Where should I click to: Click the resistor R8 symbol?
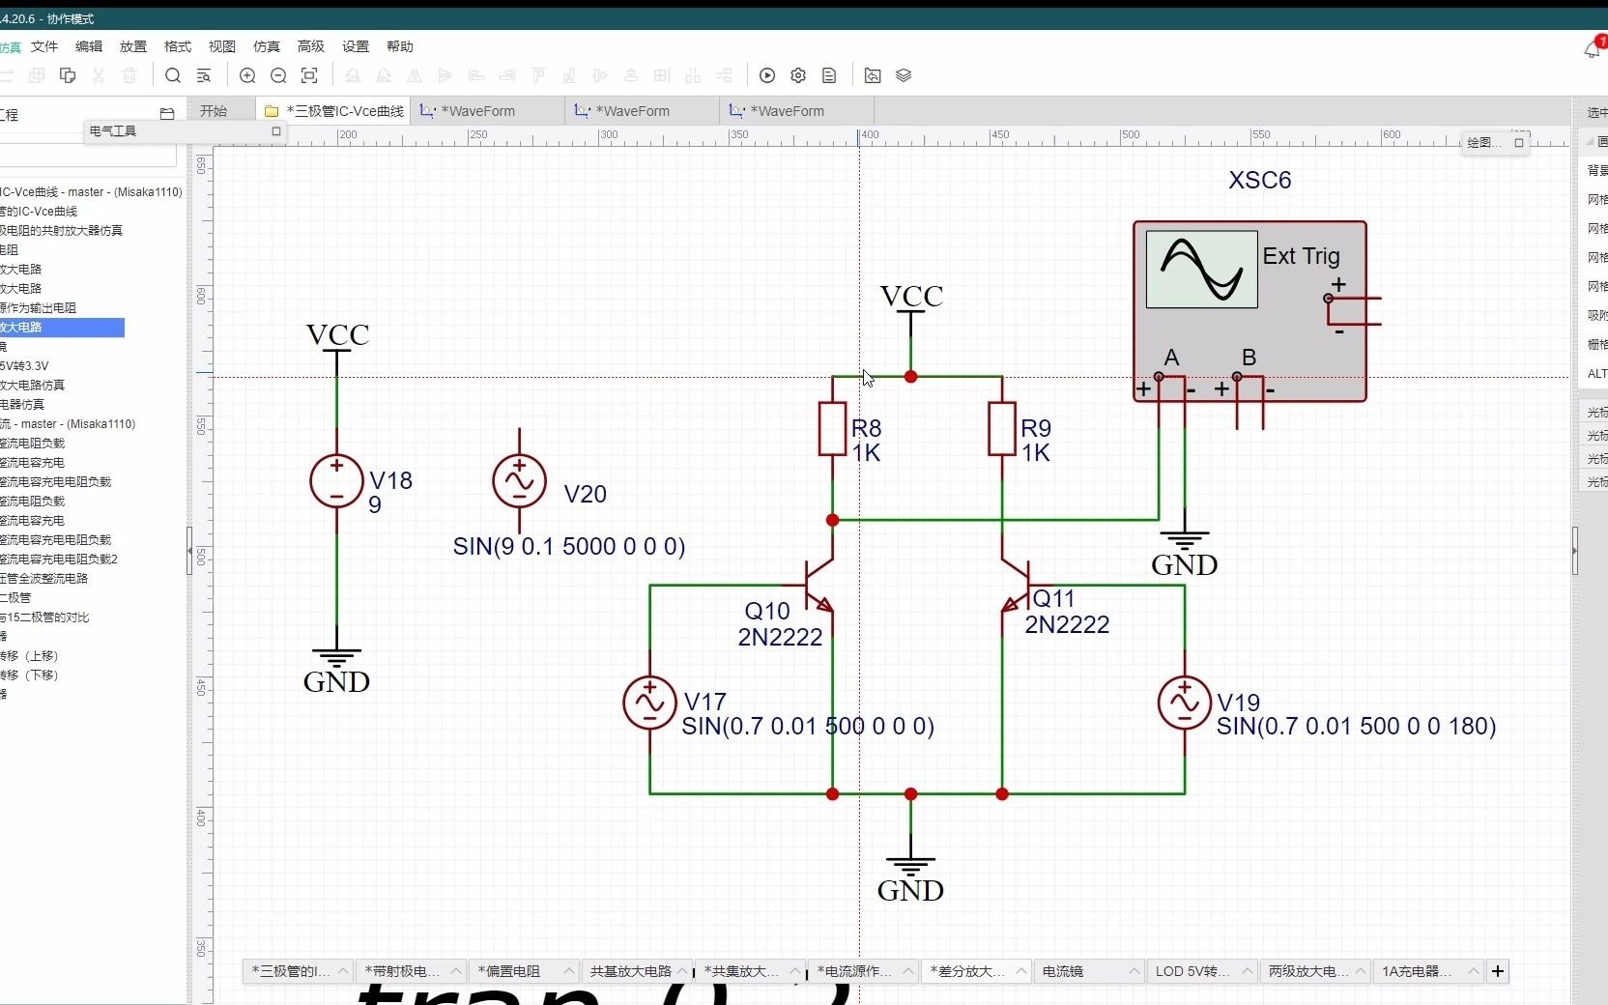(x=832, y=429)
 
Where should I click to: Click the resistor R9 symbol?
(x=1002, y=429)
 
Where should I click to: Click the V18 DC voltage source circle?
(x=336, y=481)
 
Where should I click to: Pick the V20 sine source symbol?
(x=519, y=481)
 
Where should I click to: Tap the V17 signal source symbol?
(x=649, y=703)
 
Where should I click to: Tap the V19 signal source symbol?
(x=1184, y=703)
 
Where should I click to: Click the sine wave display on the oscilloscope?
(x=1201, y=269)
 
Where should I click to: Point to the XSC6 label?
(x=1259, y=181)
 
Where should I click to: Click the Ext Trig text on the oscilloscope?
(x=1301, y=256)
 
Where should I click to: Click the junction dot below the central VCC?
(x=910, y=377)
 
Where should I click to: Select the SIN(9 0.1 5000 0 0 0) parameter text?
(x=569, y=547)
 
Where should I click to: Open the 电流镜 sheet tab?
(x=1063, y=971)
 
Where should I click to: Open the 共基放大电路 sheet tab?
(x=630, y=971)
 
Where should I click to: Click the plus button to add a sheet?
(x=1498, y=971)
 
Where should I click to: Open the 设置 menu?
(x=356, y=46)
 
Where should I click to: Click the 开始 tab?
(x=214, y=111)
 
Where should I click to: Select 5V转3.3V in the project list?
(x=25, y=365)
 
